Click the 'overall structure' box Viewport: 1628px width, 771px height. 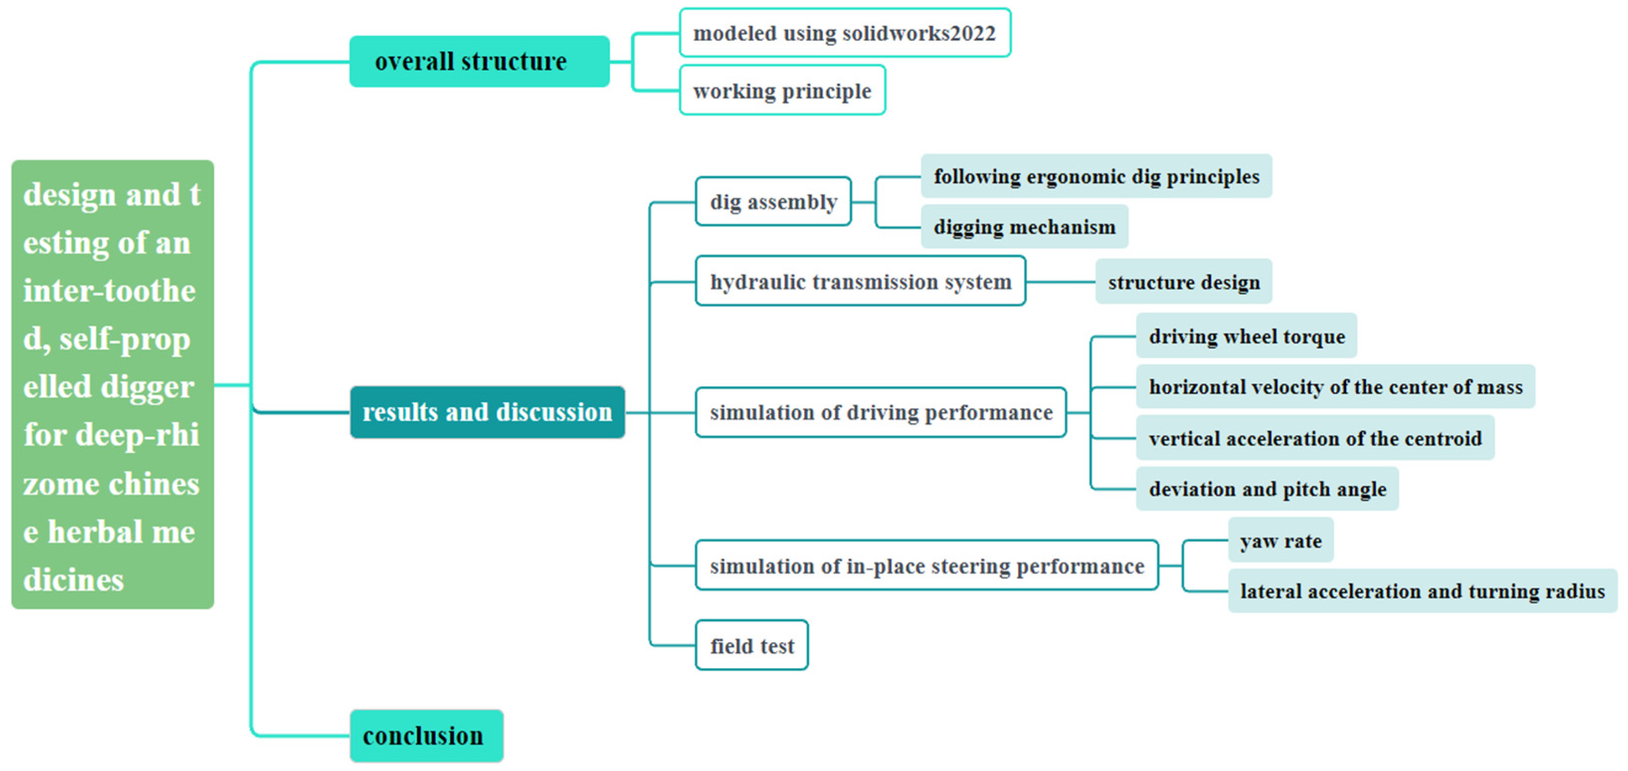click(x=479, y=61)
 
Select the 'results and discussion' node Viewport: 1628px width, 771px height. click(x=487, y=412)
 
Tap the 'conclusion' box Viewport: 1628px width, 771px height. click(x=427, y=736)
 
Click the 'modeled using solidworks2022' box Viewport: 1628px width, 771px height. click(x=844, y=33)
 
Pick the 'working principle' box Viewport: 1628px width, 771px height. click(x=782, y=90)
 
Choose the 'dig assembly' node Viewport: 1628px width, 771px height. click(x=773, y=202)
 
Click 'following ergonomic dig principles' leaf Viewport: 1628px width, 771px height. click(x=1096, y=176)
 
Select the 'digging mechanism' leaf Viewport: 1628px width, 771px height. click(x=1024, y=226)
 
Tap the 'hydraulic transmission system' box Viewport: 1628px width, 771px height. click(x=860, y=281)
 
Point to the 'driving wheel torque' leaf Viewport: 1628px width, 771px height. click(x=1246, y=336)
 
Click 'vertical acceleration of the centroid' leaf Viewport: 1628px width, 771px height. click(x=1315, y=437)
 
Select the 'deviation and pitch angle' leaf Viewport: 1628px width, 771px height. click(x=1266, y=489)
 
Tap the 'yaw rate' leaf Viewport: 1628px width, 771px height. click(x=1280, y=540)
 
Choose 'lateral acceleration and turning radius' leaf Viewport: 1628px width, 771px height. click(x=1422, y=591)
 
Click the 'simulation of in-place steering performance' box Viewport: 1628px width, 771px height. click(x=926, y=565)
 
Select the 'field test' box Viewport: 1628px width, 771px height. click(x=751, y=645)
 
